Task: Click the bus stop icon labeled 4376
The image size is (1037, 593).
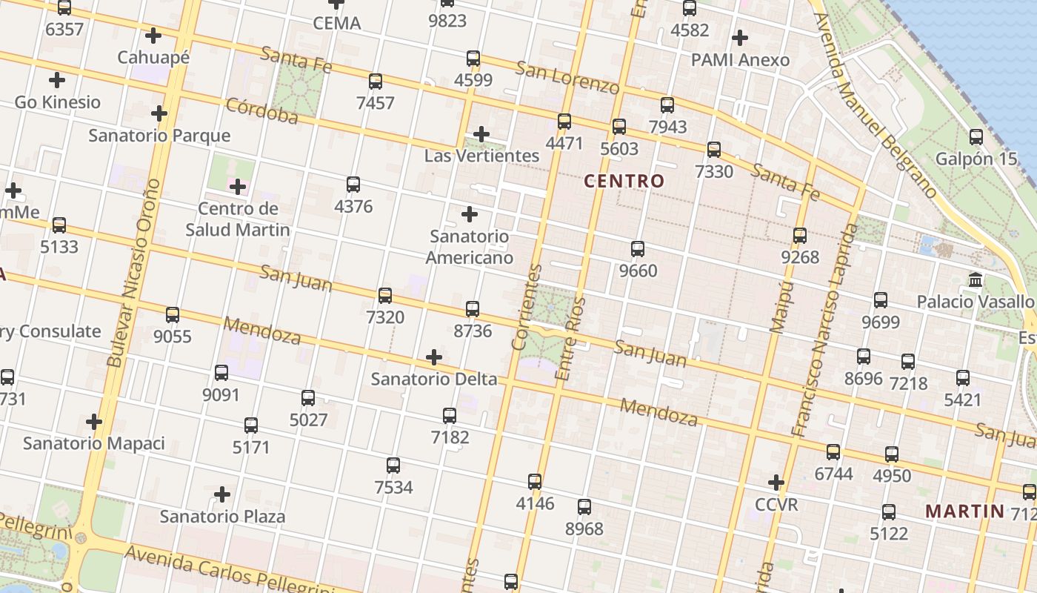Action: [353, 184]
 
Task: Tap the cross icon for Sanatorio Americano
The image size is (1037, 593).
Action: [469, 215]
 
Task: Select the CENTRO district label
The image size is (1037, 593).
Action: [624, 181]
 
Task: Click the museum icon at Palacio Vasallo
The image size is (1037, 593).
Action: [976, 280]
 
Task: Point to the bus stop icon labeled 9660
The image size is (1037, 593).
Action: [638, 249]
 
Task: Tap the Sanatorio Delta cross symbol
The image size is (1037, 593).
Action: [434, 358]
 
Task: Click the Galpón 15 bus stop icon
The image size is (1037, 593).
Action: [976, 137]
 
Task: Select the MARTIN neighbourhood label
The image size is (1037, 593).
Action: [965, 511]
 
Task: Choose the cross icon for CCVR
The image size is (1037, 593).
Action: [776, 483]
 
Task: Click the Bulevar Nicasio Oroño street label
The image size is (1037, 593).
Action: [134, 273]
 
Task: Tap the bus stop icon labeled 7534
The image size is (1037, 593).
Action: [393, 466]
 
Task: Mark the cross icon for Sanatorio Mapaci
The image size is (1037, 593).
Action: [93, 422]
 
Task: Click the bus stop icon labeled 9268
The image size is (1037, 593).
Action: [800, 236]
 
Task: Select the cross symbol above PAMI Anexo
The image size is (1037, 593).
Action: [739, 38]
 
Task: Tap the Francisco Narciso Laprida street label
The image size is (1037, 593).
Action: [824, 330]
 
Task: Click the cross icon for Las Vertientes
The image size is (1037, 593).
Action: [481, 134]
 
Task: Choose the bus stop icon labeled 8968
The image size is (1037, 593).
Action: [584, 507]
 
